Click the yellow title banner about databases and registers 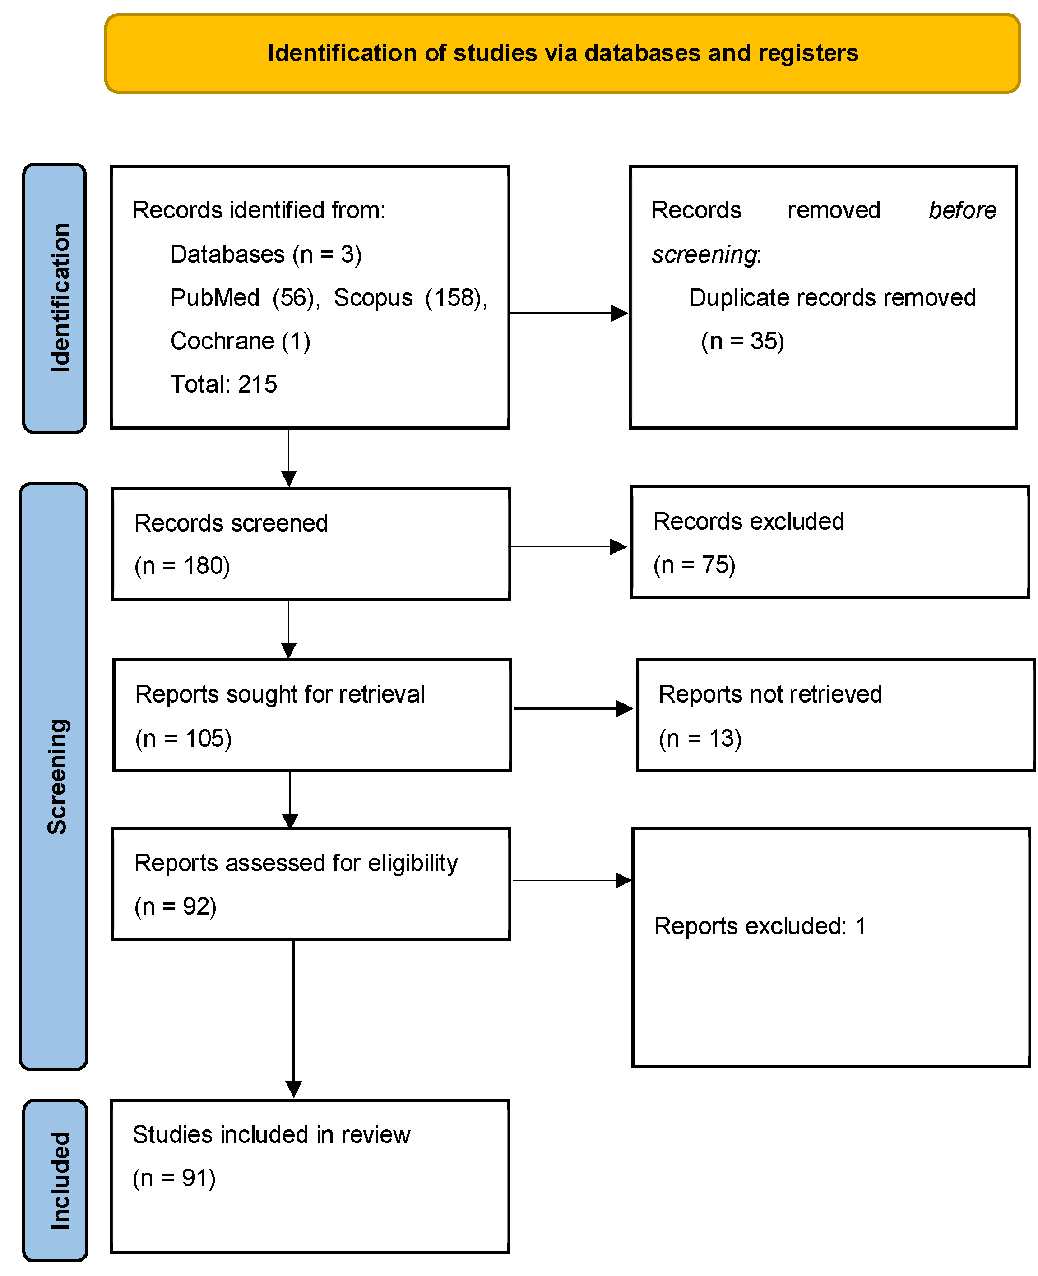coord(562,53)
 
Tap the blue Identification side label coord(55,298)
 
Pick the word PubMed coord(215,298)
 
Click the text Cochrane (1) coord(240,341)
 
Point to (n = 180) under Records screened coord(182,565)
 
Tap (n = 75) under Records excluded coord(694,565)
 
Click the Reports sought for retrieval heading coord(280,694)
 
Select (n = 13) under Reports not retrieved coord(700,739)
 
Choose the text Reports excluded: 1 coord(760,926)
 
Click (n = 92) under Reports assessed coord(175,906)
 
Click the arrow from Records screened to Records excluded coord(568,546)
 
